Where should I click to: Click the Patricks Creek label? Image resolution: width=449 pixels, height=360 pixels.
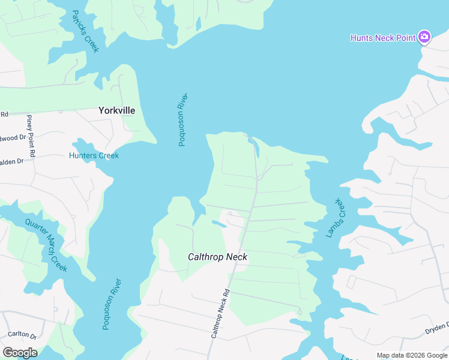[x=85, y=31]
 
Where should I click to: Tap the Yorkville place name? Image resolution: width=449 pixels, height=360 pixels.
[x=116, y=110]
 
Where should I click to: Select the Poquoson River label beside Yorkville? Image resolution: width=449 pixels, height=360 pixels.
[x=182, y=119]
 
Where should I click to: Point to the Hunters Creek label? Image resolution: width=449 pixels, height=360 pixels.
[x=94, y=155]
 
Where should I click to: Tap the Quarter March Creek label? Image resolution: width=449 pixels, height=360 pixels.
[x=46, y=245]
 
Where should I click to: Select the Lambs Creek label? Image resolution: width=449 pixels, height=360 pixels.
[x=336, y=218]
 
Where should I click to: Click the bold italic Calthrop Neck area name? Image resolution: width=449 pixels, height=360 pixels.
[x=217, y=257]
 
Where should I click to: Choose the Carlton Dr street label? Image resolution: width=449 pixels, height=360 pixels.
[x=22, y=335]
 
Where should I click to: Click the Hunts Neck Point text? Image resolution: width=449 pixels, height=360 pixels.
[x=383, y=38]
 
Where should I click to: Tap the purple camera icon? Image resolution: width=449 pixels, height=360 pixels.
[x=424, y=37]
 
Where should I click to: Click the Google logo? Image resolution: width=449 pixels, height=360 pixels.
[x=20, y=353]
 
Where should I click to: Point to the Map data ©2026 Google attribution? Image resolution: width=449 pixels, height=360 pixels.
[x=412, y=355]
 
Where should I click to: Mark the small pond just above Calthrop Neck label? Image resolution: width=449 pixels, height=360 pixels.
[x=219, y=224]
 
